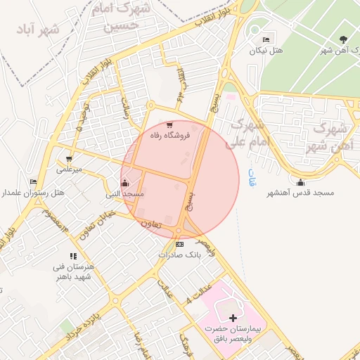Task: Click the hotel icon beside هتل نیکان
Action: (266, 39)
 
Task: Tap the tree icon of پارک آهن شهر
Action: (343, 39)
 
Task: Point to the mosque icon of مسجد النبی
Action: (125, 183)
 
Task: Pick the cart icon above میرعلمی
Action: (69, 159)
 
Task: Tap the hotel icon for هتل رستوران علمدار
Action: (33, 182)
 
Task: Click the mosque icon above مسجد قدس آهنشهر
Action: (301, 182)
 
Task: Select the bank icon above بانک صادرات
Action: (179, 244)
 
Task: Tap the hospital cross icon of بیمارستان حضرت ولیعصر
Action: (233, 319)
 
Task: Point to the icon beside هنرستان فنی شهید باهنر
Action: (73, 257)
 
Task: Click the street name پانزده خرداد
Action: (79, 329)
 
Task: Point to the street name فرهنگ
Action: (185, 344)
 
